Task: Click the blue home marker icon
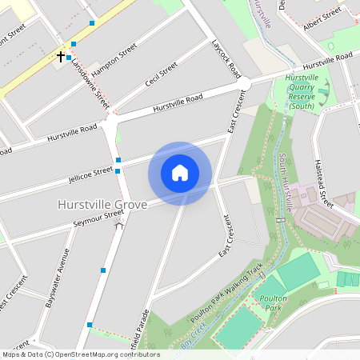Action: (x=180, y=173)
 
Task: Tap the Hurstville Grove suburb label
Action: (x=102, y=205)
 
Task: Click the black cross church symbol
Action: (x=61, y=57)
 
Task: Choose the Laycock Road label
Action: (x=226, y=58)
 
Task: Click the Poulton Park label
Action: (x=273, y=302)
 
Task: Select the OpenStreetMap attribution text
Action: (x=80, y=354)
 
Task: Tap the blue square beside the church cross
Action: (x=70, y=58)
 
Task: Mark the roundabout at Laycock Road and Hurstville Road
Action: (x=244, y=83)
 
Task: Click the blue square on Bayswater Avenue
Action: (x=103, y=270)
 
